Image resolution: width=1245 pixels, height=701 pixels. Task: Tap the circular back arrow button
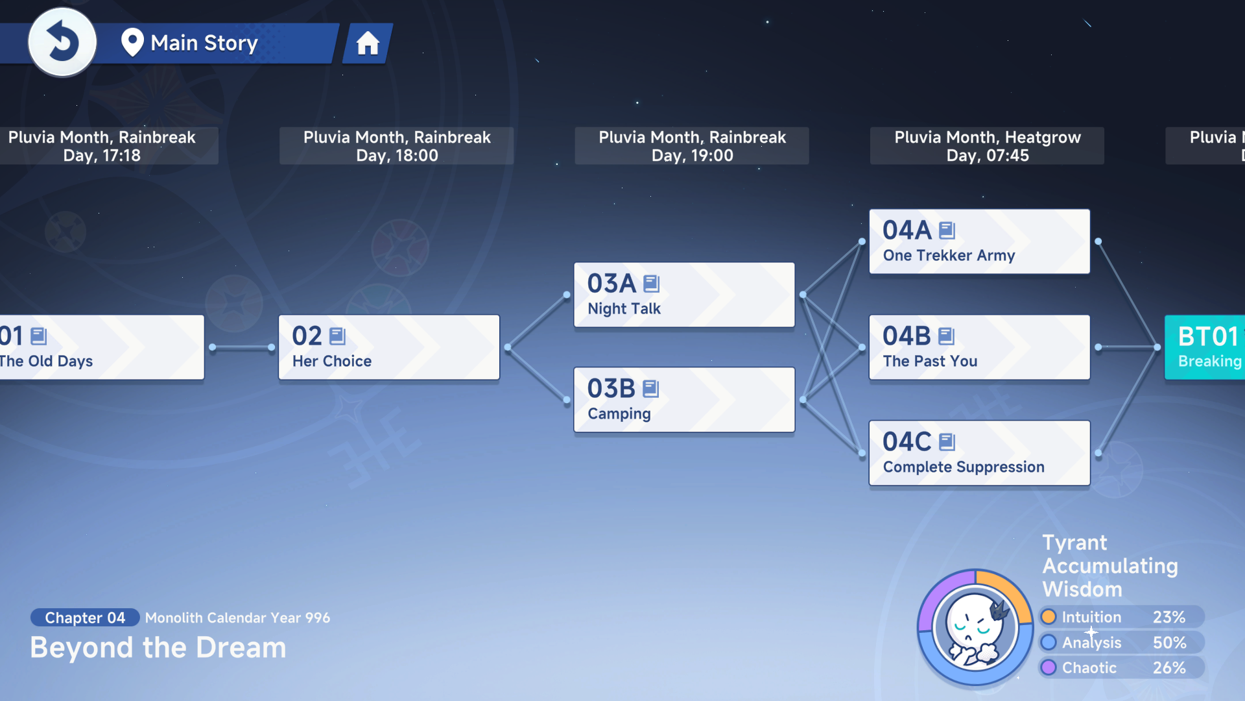point(62,42)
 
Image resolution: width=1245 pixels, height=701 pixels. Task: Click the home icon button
point(368,43)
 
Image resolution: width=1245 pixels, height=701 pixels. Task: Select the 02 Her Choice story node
point(389,347)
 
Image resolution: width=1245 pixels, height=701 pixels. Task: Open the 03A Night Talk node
point(684,295)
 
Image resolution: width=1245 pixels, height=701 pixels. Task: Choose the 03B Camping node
point(684,400)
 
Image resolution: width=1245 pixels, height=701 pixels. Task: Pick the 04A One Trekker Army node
point(979,241)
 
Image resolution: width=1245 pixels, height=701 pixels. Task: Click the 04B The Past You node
point(979,347)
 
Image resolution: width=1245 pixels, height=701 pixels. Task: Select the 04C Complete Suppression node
point(979,453)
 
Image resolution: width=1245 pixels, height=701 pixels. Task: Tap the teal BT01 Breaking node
point(1205,347)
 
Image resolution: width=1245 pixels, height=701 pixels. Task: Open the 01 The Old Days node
point(102,347)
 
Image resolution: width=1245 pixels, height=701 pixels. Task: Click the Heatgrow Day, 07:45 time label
point(987,146)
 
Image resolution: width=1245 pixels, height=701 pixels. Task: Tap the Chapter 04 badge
point(85,617)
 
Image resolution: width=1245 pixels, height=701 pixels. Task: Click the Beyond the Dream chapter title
point(158,648)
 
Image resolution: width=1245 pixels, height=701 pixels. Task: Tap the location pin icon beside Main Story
point(132,43)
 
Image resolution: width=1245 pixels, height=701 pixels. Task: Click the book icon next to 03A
point(652,284)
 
